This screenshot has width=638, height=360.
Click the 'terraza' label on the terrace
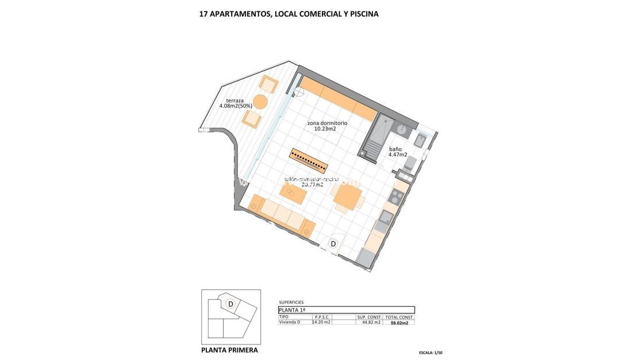click(230, 99)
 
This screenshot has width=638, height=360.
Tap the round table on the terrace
click(260, 102)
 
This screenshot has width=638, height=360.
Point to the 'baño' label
click(395, 148)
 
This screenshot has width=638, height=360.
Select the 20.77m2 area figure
click(313, 185)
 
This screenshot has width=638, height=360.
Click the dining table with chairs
click(348, 197)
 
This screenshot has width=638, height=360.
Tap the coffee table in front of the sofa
click(293, 194)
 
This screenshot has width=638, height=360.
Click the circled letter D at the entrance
click(332, 244)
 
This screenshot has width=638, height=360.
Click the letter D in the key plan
click(230, 304)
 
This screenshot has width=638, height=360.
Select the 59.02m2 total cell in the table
click(399, 323)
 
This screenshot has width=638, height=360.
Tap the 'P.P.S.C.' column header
click(322, 317)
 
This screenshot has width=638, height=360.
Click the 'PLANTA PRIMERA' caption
click(229, 350)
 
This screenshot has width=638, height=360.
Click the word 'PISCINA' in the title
click(362, 14)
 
